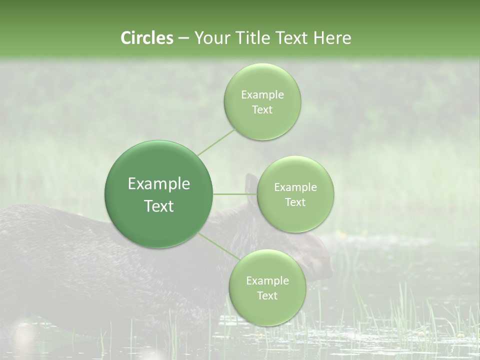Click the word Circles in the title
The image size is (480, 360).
(x=146, y=38)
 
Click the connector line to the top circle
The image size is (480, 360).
(x=216, y=142)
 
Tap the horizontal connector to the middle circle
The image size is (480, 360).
(x=235, y=194)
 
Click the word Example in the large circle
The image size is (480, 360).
(x=159, y=184)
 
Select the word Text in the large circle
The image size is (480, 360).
(x=159, y=206)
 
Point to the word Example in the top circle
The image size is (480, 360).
(x=262, y=95)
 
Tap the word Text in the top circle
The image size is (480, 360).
(x=262, y=109)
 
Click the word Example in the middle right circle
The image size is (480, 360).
(x=295, y=187)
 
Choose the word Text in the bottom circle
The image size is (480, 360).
(x=267, y=295)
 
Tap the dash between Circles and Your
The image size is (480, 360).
(x=183, y=38)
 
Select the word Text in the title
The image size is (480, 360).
(x=291, y=38)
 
